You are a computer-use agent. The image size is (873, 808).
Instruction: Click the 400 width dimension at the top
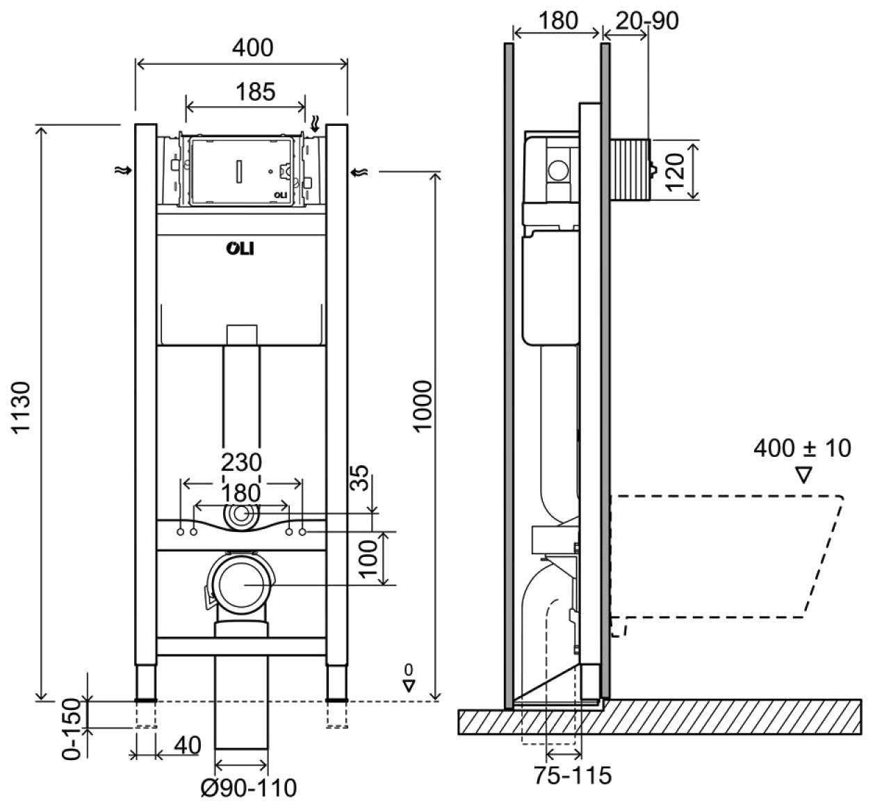[x=252, y=47]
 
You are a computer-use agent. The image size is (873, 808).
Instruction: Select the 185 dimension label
[x=255, y=91]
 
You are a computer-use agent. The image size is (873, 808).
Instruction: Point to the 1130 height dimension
[x=22, y=407]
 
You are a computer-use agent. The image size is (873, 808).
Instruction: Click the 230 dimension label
[x=240, y=462]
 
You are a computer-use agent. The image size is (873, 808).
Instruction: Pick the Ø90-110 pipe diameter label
[x=248, y=788]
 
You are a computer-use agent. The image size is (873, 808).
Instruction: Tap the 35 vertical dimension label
[x=359, y=478]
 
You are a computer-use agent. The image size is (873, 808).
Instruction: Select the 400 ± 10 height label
[x=802, y=448]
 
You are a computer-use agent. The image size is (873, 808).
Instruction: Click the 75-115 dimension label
[x=573, y=775]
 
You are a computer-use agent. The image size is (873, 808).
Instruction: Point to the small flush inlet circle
[x=240, y=515]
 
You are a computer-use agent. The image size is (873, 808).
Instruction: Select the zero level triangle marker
[x=409, y=684]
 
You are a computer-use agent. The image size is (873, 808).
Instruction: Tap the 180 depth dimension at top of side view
[x=558, y=21]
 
